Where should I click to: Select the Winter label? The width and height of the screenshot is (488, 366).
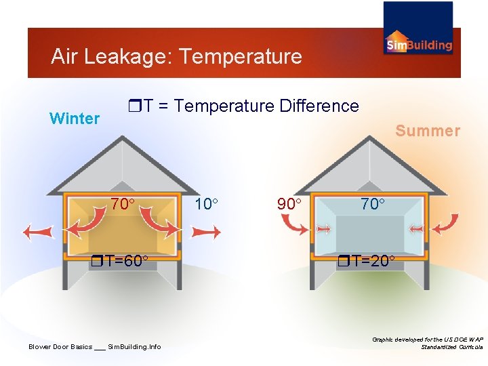click(x=75, y=119)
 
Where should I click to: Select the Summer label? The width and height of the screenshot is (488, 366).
click(x=428, y=131)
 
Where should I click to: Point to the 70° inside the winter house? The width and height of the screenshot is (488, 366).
click(x=123, y=203)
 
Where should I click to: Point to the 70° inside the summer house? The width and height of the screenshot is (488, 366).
click(x=372, y=203)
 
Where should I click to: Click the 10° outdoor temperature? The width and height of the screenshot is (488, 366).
click(x=207, y=204)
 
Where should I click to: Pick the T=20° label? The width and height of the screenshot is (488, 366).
click(x=369, y=261)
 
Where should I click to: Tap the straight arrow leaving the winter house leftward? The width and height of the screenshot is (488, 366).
click(x=38, y=232)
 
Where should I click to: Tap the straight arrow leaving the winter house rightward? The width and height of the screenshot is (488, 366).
click(x=206, y=232)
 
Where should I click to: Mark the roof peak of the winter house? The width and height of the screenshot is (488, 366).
click(x=123, y=138)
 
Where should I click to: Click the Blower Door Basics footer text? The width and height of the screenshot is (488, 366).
click(x=95, y=347)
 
